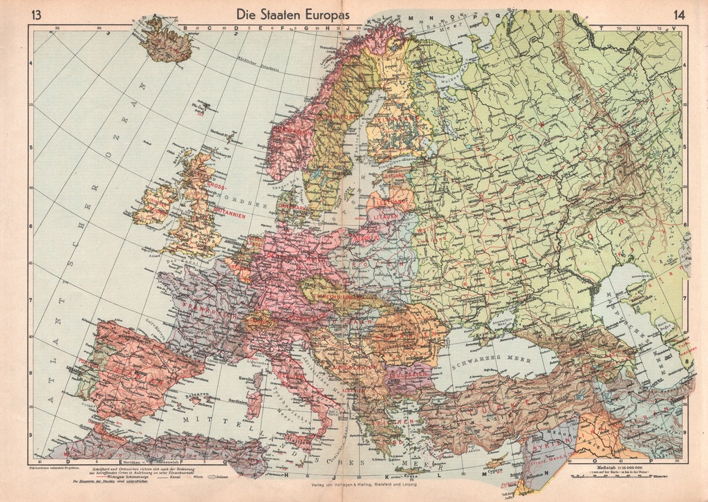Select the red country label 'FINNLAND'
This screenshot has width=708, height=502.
click(x=394, y=127)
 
